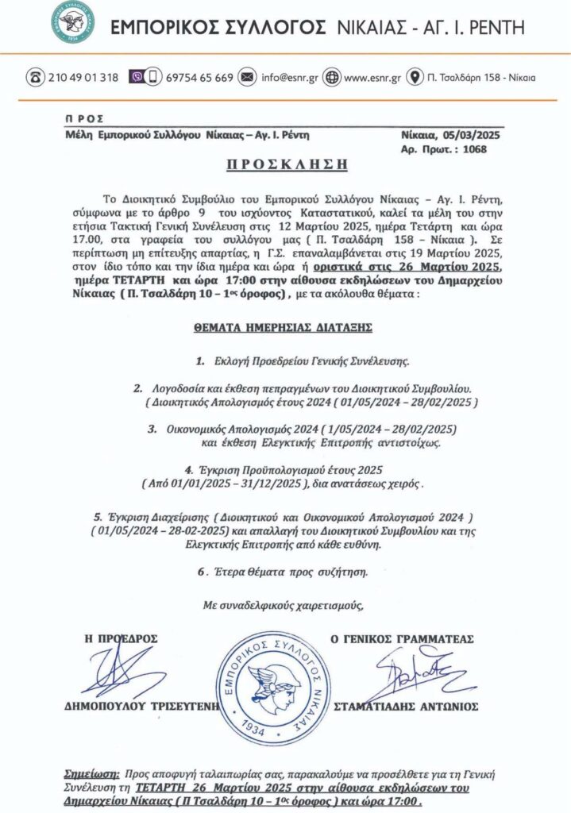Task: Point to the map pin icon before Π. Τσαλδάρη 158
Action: point(414,78)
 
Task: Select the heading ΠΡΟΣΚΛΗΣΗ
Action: point(284,165)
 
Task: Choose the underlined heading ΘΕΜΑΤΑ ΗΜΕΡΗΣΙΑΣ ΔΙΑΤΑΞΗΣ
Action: point(284,326)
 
